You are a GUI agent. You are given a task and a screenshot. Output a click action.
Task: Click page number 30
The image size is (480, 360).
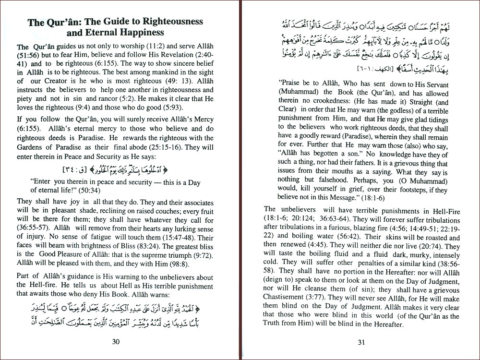tap(115, 342)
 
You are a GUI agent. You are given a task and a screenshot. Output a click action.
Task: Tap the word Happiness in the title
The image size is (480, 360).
tap(137, 33)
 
